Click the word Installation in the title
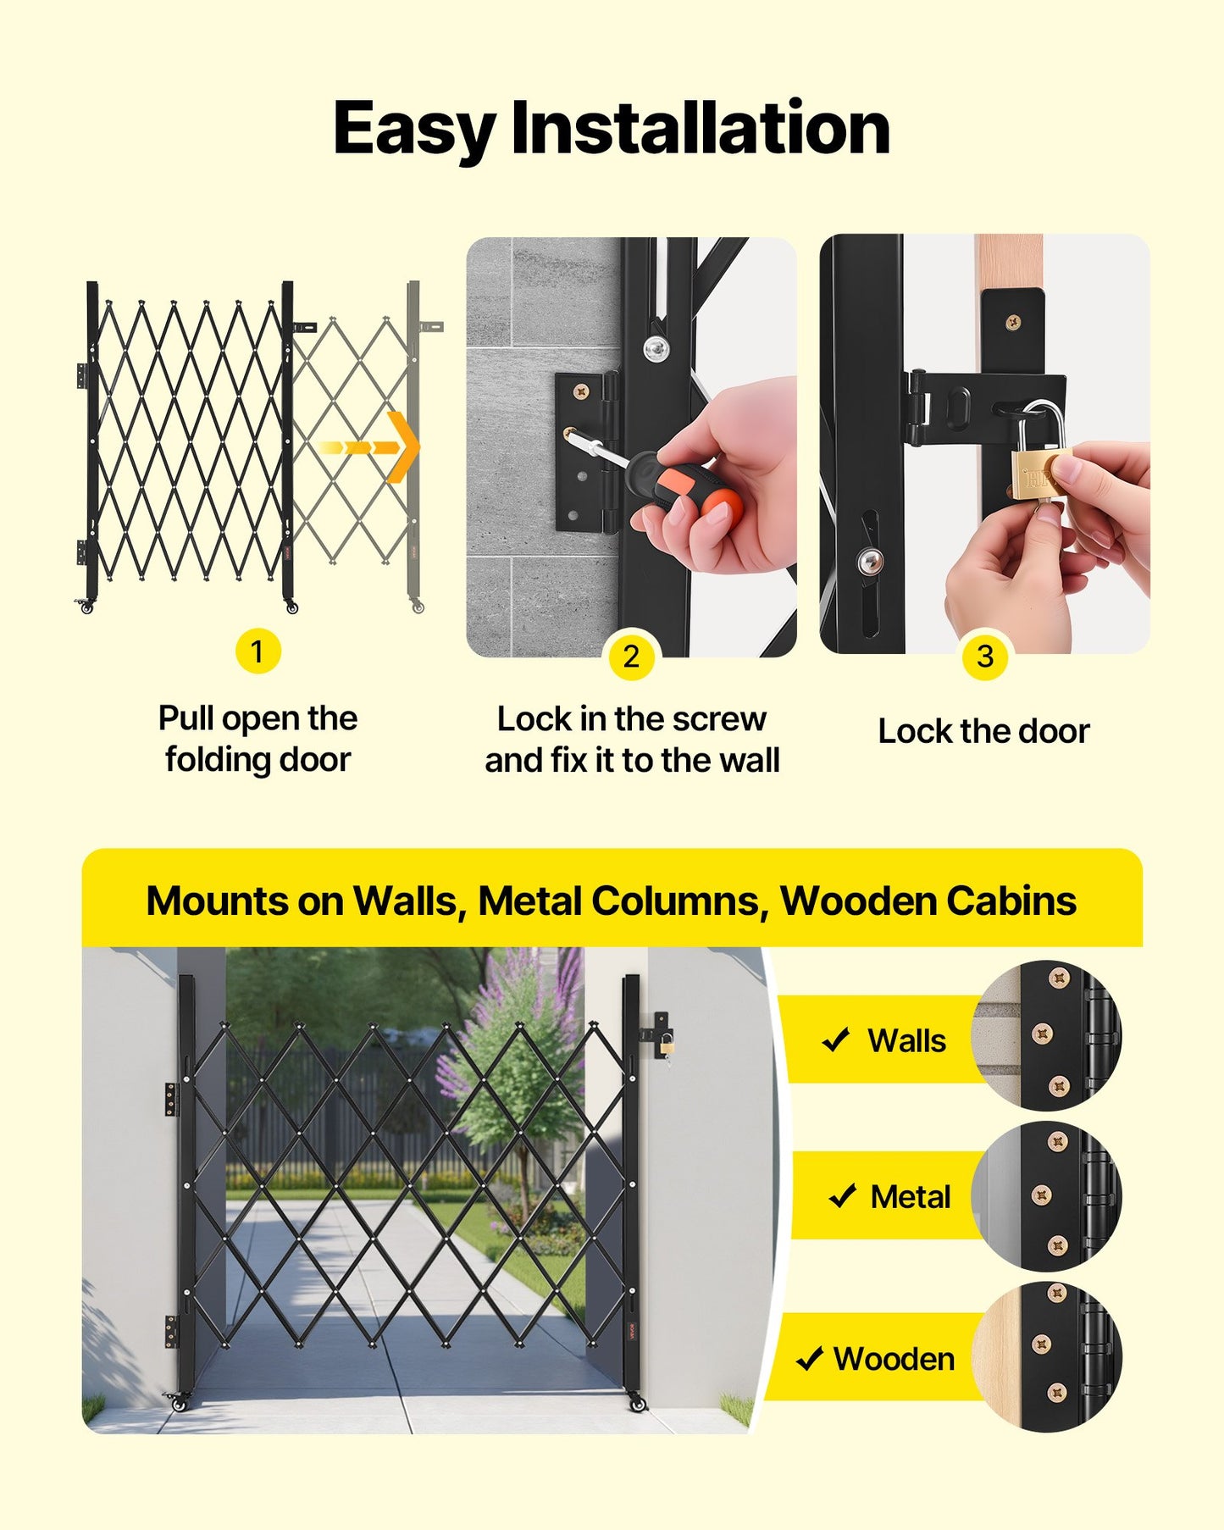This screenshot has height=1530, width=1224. coord(701,129)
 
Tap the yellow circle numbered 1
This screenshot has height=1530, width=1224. coord(258,651)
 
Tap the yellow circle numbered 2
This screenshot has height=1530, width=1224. coord(631,657)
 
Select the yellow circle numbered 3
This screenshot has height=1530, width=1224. coord(984,657)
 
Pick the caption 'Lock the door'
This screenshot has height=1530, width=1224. coord(983,731)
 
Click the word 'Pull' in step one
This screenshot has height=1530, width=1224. coord(186,718)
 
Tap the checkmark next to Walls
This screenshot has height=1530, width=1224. coord(836,1039)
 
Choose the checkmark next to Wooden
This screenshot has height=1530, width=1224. coord(810,1358)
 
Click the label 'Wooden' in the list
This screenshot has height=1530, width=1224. coord(894,1359)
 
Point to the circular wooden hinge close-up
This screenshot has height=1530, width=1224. coord(1047,1357)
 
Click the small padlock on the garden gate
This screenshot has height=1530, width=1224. coord(667,1045)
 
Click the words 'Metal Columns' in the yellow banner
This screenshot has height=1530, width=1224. coord(619,901)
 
